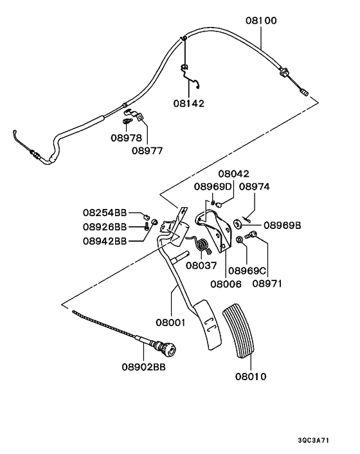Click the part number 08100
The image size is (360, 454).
261,21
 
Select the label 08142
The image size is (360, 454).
189,104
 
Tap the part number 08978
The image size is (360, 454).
127,138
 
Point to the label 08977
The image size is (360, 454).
147,151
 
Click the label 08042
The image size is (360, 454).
233,174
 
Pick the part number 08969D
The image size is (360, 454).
213,186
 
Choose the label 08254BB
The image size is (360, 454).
105,212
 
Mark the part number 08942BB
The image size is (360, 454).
105,241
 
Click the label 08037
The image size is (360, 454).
201,266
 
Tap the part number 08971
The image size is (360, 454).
267,284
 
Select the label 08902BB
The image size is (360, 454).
143,367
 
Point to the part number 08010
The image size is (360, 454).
251,377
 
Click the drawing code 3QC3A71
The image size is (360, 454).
314,440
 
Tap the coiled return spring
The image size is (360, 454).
201,244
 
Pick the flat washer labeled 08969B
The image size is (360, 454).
238,224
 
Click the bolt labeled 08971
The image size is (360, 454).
251,234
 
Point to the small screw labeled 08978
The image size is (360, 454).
127,121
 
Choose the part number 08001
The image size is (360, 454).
170,323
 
